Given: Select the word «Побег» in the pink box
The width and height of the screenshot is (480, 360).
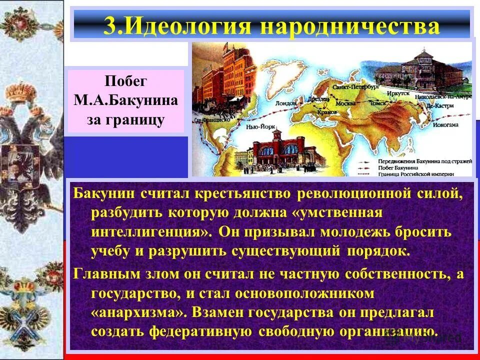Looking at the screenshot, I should click(x=126, y=81).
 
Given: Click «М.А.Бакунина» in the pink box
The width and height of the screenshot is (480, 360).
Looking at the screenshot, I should click(x=126, y=101).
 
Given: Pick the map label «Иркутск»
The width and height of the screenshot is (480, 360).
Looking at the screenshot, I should click(x=398, y=93).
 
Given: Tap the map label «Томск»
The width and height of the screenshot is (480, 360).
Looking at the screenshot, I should click(x=376, y=104).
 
